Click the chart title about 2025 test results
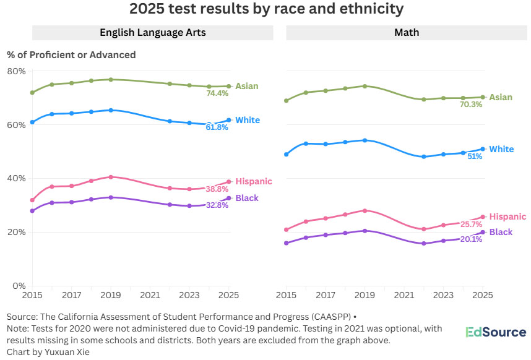[x=266, y=9]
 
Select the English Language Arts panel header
[x=153, y=32]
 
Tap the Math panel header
[x=406, y=32]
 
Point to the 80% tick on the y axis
[x=16, y=71]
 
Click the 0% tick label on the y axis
[x=20, y=286]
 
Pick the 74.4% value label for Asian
[x=217, y=93]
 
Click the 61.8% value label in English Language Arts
[x=217, y=127]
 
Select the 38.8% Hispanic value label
[x=217, y=189]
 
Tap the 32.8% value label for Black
[x=217, y=205]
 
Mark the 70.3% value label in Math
[x=470, y=105]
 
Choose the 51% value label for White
[x=475, y=156]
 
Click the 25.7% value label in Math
[x=470, y=224]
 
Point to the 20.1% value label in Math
[x=470, y=239]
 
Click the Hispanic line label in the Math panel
[x=507, y=216]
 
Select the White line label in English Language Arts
[x=248, y=120]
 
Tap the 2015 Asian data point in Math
[x=287, y=100]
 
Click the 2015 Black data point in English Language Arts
[x=32, y=211]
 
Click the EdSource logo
[x=496, y=332]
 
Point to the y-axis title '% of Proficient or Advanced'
[x=71, y=54]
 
